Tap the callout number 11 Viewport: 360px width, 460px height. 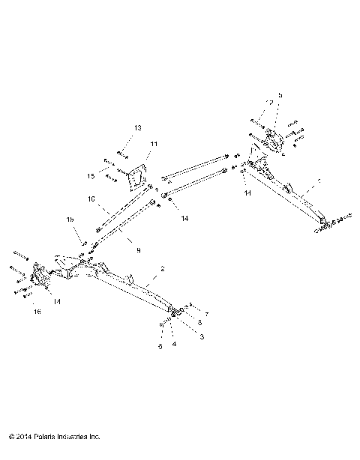click(x=154, y=144)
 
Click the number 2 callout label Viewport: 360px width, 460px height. click(x=163, y=268)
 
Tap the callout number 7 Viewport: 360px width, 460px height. click(x=206, y=313)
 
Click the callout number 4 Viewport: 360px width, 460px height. click(x=175, y=345)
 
